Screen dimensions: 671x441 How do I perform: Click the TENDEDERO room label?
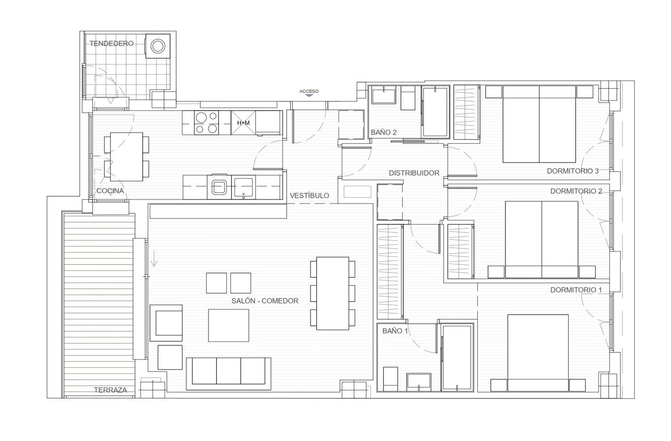pos(111,43)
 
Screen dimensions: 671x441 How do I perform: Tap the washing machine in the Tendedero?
pos(158,46)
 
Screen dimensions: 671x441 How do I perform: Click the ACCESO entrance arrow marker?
pos(309,96)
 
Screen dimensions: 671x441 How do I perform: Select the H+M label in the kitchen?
pos(243,123)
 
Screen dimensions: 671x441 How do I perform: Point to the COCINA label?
pos(110,191)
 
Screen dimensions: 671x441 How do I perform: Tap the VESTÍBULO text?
pos(310,196)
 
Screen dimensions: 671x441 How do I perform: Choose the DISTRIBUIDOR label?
pos(414,173)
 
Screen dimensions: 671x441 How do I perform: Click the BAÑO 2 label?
pos(384,132)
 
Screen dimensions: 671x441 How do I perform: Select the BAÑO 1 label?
pos(395,331)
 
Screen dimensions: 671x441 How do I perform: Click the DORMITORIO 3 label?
pos(573,171)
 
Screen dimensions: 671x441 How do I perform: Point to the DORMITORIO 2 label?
pos(576,191)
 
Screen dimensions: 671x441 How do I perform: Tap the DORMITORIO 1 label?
pos(576,290)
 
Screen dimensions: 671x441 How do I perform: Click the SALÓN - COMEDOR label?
pos(265,301)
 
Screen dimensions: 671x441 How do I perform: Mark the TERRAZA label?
pos(110,390)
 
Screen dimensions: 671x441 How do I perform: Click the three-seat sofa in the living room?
pos(229,373)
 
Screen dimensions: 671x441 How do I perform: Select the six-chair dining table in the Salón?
pos(332,293)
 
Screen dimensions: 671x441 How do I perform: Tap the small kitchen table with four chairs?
pos(127,157)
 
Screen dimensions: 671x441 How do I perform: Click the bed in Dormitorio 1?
pos(538,353)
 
